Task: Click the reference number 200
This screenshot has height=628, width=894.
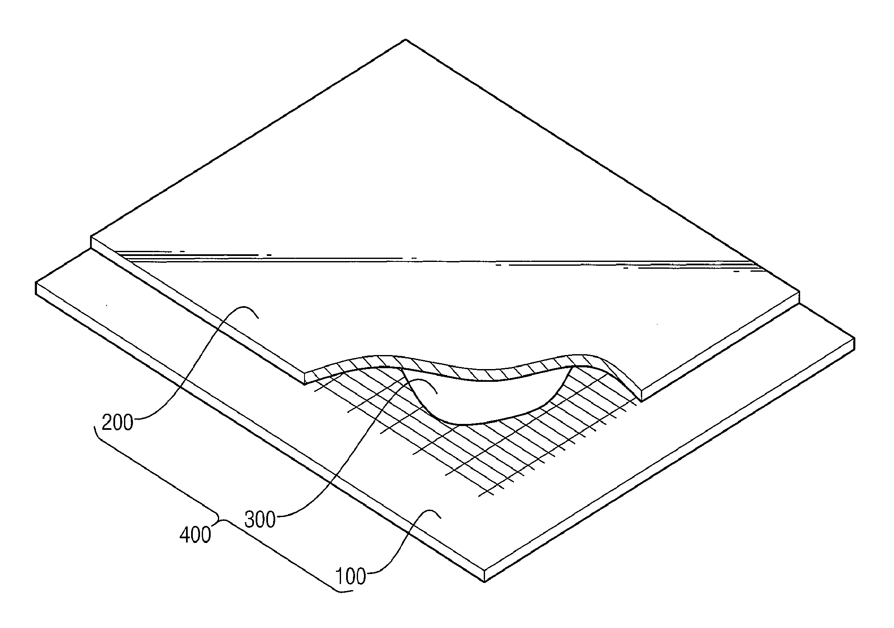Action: click(x=118, y=423)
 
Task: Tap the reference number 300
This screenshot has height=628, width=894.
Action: click(x=260, y=519)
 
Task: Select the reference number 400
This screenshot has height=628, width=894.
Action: click(x=195, y=535)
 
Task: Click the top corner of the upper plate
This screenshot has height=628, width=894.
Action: click(x=406, y=40)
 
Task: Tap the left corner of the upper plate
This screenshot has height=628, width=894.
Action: click(x=91, y=237)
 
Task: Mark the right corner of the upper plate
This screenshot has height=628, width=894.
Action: click(x=799, y=292)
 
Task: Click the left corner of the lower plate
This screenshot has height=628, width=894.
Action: click(x=36, y=282)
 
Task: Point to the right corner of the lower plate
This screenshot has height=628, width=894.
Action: click(x=854, y=339)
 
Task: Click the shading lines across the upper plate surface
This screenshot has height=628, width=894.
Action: click(x=425, y=259)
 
